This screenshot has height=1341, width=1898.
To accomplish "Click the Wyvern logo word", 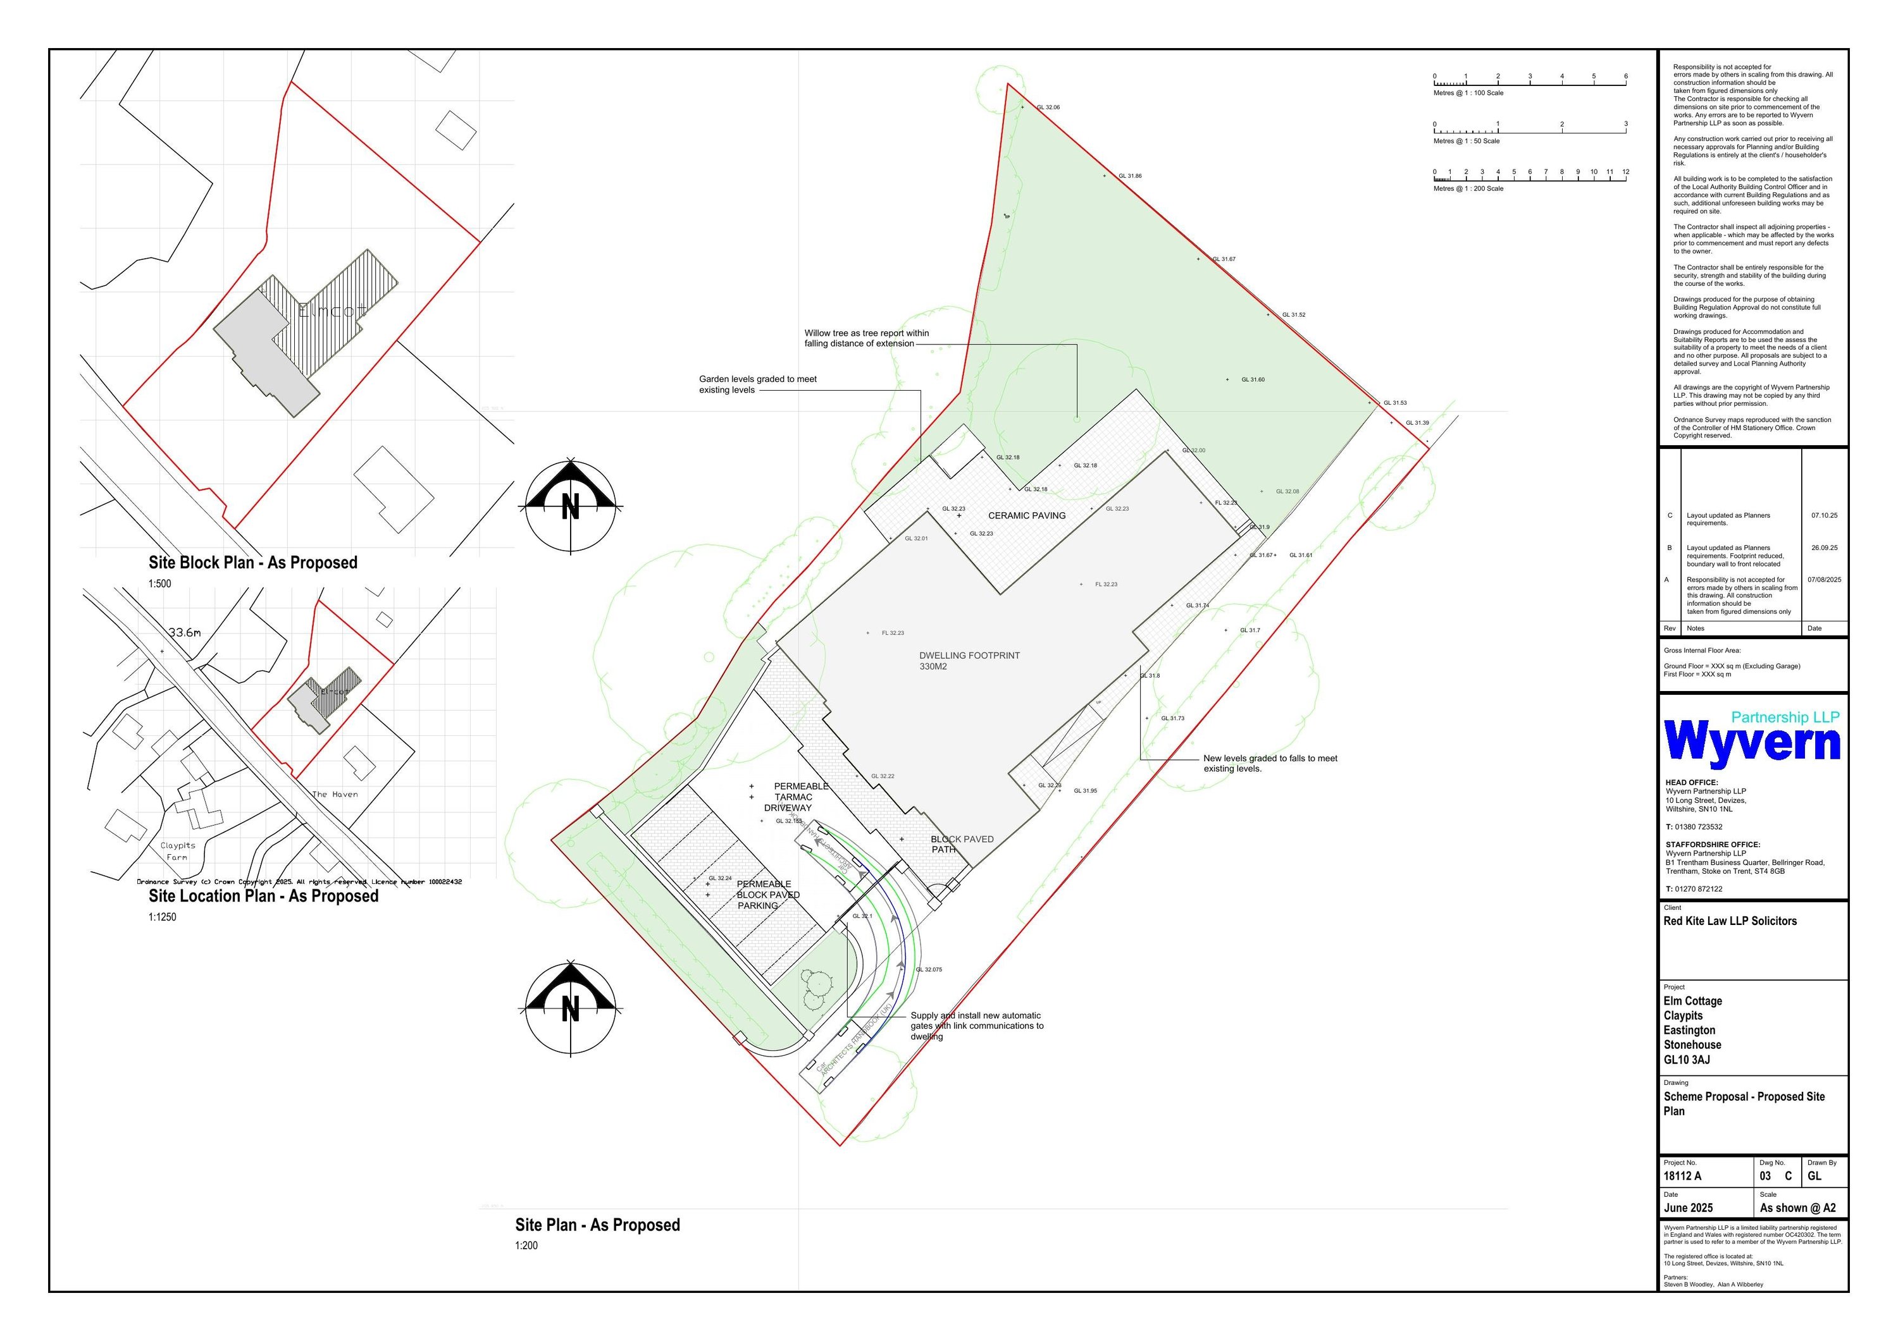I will (x=1752, y=741).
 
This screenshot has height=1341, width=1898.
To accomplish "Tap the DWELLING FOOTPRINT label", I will (x=969, y=660).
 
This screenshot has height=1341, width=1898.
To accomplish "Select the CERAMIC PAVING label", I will (x=1027, y=515).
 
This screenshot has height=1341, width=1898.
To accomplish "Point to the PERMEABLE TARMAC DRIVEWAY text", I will (x=792, y=797).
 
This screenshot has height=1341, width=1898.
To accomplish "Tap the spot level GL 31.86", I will (x=1129, y=176).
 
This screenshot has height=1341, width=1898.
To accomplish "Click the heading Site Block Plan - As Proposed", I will (x=253, y=563).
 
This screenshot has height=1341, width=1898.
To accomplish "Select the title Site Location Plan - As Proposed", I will (x=263, y=896).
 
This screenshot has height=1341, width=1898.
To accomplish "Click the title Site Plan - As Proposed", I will (x=597, y=1225).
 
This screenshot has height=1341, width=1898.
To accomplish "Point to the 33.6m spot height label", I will (x=184, y=633).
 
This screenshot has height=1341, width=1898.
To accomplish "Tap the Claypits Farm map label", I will (x=178, y=851).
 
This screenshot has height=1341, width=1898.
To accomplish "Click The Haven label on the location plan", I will (x=335, y=794).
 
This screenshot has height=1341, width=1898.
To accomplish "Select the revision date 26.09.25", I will (x=1823, y=548).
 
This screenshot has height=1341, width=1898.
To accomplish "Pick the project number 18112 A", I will (x=1682, y=1176).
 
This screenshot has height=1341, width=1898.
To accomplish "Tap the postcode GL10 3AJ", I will (x=1687, y=1060).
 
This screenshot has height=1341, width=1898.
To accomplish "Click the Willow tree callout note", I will (x=865, y=339).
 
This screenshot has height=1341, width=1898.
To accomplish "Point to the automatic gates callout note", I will (x=976, y=1026).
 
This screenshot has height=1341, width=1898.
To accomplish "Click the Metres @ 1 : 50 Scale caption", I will (x=1466, y=141).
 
